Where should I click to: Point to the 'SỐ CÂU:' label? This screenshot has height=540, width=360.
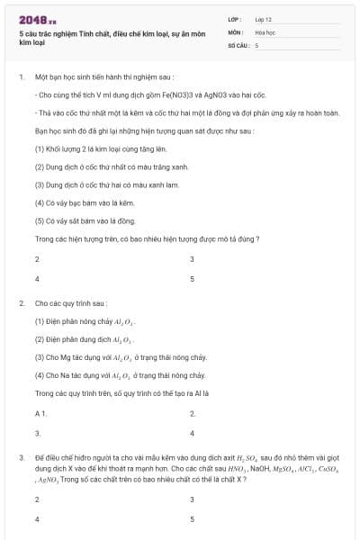coord(238,44)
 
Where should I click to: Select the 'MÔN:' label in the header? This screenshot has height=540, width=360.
coord(236,31)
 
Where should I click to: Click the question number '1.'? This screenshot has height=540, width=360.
coord(21,77)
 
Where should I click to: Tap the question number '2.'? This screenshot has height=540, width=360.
coord(21,304)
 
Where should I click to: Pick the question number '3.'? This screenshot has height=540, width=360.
coord(21,458)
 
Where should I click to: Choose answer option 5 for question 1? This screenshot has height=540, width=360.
coord(193,279)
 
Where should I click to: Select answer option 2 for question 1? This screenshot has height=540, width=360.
coord(37,259)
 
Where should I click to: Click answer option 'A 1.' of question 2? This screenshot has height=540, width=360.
coord(40,413)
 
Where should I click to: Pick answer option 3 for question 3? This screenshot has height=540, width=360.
coord(193,499)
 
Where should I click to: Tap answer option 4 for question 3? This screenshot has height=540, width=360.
coord(37,519)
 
